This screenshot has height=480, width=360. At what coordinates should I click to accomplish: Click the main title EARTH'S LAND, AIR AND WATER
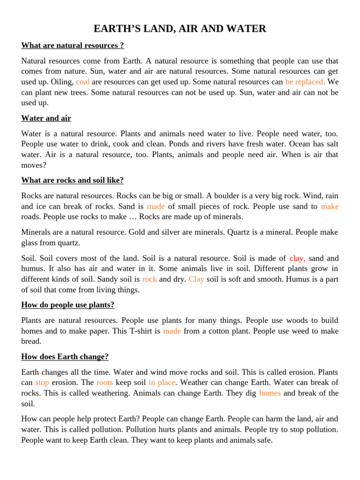[x=180, y=29]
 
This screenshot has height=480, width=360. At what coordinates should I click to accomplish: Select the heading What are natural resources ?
[x=73, y=45]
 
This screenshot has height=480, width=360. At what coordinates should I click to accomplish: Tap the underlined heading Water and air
[x=46, y=118]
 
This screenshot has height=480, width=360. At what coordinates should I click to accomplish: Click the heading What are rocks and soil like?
[x=72, y=180]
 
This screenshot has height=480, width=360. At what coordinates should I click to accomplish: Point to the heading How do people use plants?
[x=67, y=305]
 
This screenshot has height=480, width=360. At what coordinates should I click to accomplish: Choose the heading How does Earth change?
[x=65, y=356]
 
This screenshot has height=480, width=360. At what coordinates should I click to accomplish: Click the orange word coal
[x=82, y=82]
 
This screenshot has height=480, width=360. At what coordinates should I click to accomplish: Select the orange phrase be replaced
[x=304, y=82]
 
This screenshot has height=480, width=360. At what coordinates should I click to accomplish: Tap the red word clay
[x=297, y=258]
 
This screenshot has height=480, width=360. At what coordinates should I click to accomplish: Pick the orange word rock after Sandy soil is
[x=150, y=279]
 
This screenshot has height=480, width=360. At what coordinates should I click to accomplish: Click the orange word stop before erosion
[x=42, y=382]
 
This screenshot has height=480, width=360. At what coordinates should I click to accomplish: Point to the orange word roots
[x=105, y=382]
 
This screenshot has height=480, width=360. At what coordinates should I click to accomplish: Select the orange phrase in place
[x=161, y=382]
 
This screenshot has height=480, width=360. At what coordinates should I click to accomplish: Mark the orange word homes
[x=270, y=393]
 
